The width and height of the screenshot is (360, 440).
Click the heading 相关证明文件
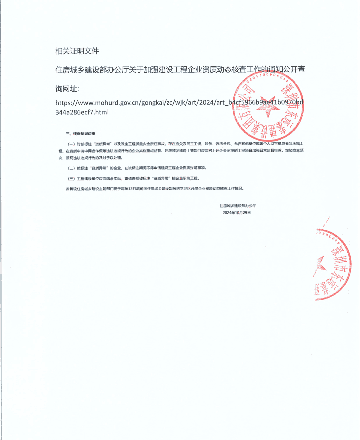tap(77, 51)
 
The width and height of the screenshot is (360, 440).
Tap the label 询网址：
tap(68, 89)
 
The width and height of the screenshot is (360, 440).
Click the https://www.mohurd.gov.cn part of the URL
tap(98, 103)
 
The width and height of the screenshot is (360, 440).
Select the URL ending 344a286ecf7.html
tap(82, 112)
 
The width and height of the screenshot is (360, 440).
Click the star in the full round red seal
tap(267, 102)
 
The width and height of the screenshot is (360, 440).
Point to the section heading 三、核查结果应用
tap(80, 134)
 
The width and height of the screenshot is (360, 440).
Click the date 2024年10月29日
tap(237, 212)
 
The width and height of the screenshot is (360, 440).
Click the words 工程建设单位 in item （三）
tap(88, 178)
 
